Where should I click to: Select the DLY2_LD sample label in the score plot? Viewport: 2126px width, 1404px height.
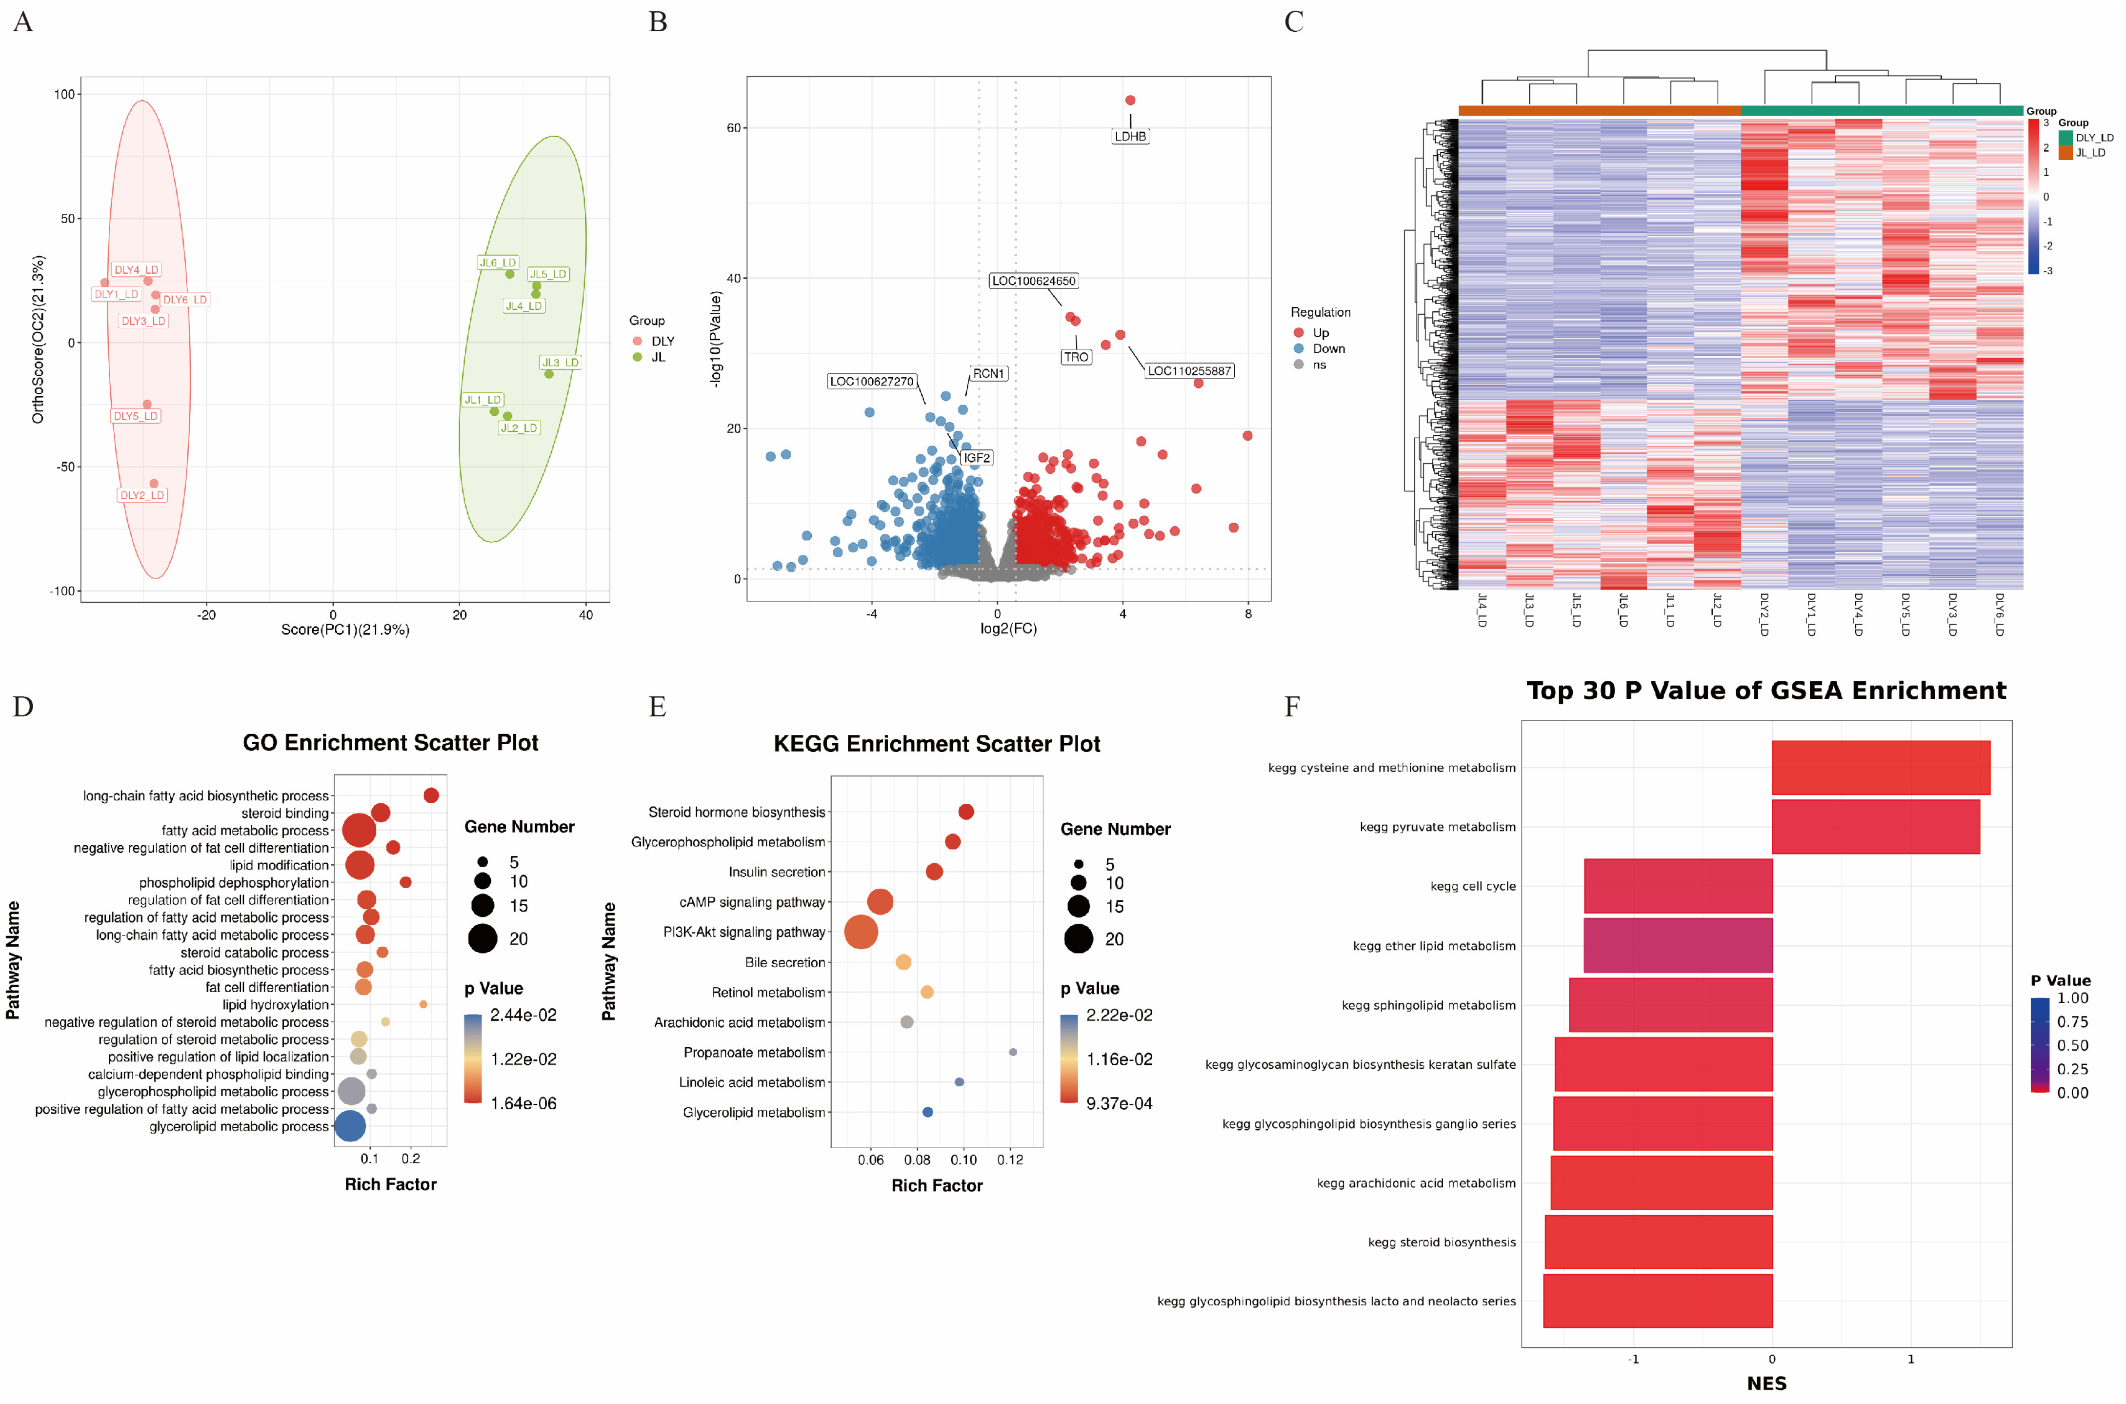(142, 495)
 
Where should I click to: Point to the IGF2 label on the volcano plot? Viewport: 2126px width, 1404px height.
(977, 458)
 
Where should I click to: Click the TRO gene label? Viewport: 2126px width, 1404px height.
(1076, 357)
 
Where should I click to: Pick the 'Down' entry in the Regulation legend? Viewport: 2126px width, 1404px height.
(1328, 348)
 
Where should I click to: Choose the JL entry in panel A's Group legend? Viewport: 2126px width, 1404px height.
(658, 357)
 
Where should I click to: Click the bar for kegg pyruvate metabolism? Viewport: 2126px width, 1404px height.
(1875, 827)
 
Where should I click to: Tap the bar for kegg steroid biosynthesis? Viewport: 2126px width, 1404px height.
(1658, 1242)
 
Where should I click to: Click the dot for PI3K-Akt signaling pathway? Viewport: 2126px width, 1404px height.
(861, 932)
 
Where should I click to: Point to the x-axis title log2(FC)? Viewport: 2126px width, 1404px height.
(1008, 629)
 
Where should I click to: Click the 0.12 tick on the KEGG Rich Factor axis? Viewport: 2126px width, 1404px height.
(1010, 1160)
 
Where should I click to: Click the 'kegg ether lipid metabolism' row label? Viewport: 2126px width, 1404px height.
(1434, 946)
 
